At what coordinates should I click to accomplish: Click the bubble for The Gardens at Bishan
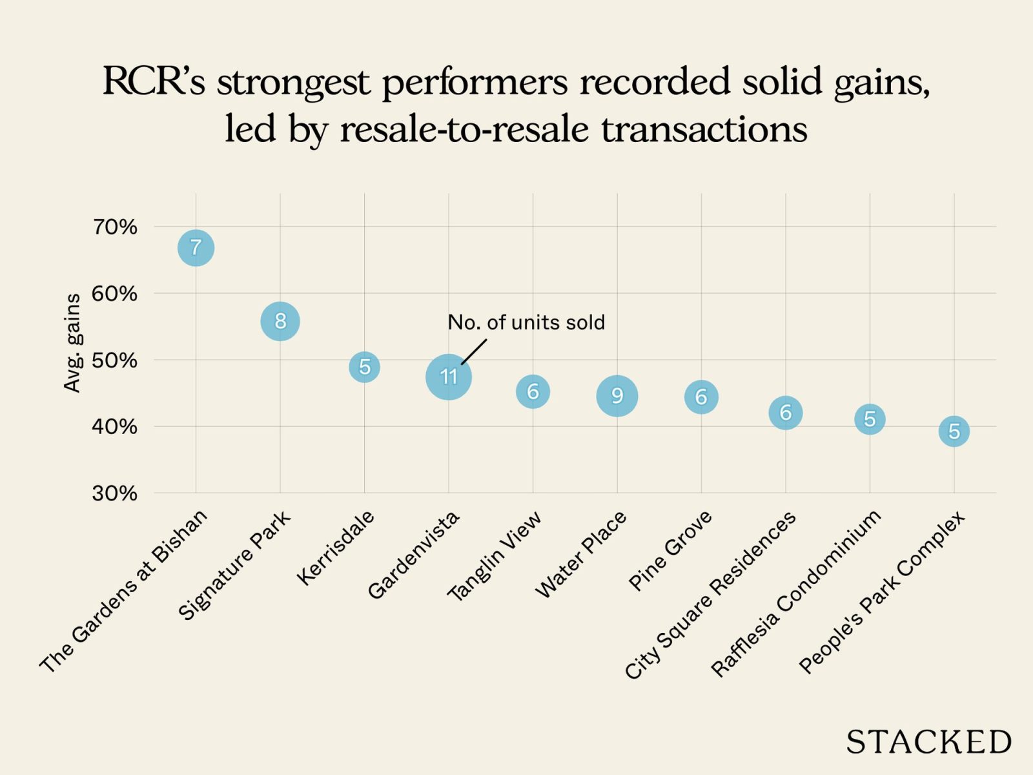[196, 247]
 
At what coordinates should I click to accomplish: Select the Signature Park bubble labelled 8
[280, 321]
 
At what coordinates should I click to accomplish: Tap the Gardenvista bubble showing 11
[449, 377]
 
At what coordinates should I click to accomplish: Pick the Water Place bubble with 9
[617, 395]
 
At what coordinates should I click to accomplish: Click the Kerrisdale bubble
[365, 367]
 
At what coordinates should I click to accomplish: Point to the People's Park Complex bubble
[954, 431]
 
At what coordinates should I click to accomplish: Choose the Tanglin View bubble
[533, 391]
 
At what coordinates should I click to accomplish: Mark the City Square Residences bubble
[786, 412]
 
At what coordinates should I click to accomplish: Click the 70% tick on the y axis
[115, 227]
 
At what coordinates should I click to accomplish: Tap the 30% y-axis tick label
[115, 493]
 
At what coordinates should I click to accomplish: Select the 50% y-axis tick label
[115, 360]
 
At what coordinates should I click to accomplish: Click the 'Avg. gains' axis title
[72, 343]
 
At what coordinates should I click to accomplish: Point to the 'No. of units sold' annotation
[526, 322]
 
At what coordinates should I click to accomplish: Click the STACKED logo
[928, 742]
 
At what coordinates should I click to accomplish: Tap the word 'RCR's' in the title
[154, 82]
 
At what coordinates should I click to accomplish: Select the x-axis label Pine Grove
[671, 550]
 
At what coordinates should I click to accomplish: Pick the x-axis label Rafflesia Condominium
[796, 593]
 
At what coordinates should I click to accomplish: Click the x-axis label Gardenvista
[414, 554]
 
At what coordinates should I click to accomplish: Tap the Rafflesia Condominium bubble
[870, 419]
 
